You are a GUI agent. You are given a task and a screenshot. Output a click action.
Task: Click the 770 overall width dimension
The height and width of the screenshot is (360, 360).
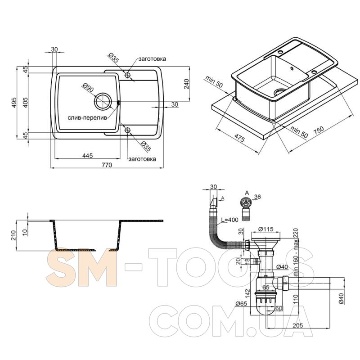coord(107,165)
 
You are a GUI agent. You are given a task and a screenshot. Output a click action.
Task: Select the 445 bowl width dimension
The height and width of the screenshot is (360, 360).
coord(87,155)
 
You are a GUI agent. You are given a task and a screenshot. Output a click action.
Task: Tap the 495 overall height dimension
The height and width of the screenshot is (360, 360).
coord(14,103)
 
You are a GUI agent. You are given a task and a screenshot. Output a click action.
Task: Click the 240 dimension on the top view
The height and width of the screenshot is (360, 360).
coord(186,84)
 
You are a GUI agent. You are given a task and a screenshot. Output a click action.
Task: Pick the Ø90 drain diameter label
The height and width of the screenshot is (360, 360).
coord(88,87)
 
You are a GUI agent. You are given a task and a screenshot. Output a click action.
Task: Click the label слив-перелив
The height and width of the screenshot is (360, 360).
coord(87,118)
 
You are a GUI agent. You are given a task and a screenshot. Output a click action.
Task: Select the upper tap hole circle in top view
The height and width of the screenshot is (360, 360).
coord(127,75)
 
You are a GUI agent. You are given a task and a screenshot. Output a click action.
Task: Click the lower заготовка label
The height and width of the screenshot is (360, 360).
coord(142,159)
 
